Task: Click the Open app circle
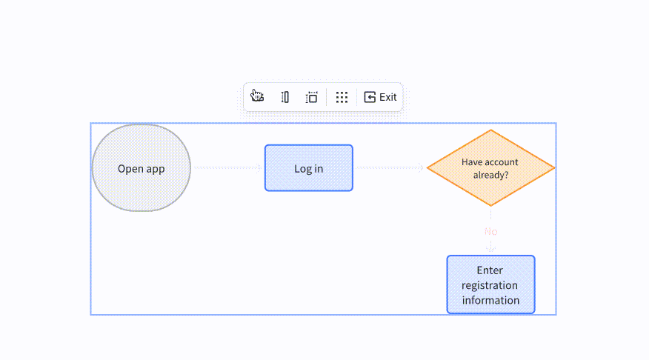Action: pyautogui.click(x=142, y=168)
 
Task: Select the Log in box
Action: pyautogui.click(x=309, y=168)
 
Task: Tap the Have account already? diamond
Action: pyautogui.click(x=491, y=168)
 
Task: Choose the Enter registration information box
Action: pyautogui.click(x=491, y=284)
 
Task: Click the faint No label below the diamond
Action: pyautogui.click(x=491, y=231)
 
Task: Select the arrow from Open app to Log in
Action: pyautogui.click(x=227, y=167)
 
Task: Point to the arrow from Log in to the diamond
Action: pyautogui.click(x=390, y=167)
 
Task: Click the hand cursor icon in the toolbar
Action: pyautogui.click(x=257, y=96)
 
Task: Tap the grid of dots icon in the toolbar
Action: pyautogui.click(x=342, y=97)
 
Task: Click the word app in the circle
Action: pyautogui.click(x=156, y=169)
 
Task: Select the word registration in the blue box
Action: pyautogui.click(x=490, y=285)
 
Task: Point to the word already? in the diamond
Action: pyautogui.click(x=491, y=175)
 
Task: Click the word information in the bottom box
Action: pyautogui.click(x=491, y=300)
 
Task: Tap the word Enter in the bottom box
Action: pyautogui.click(x=490, y=270)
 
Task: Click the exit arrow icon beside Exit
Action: pyautogui.click(x=370, y=97)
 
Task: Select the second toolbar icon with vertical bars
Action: pyautogui.click(x=284, y=97)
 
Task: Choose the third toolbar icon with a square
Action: pyautogui.click(x=312, y=97)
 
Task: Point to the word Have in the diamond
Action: pyautogui.click(x=470, y=162)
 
